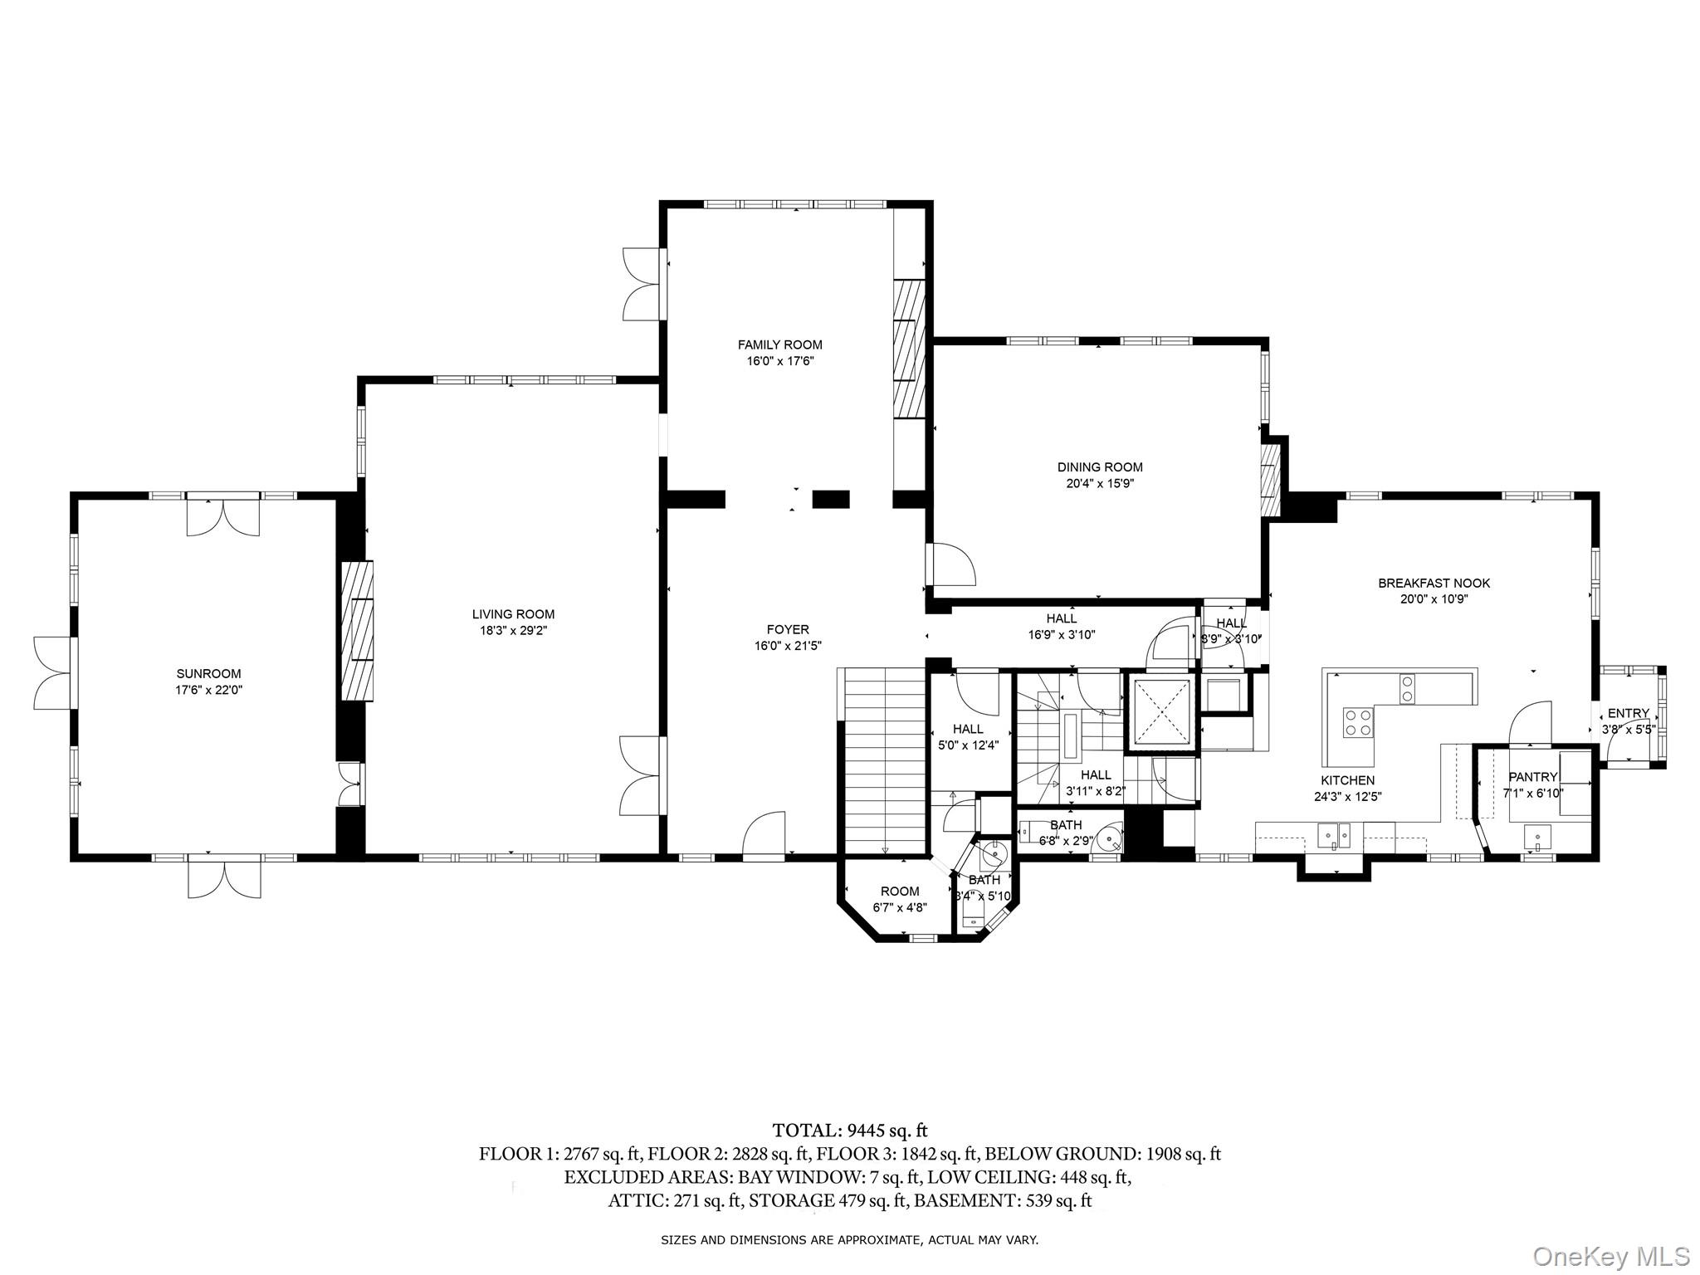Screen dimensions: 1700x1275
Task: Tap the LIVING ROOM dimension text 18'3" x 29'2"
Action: click(x=513, y=630)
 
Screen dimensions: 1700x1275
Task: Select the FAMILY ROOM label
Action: click(x=780, y=344)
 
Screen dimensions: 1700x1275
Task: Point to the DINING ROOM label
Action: click(x=1100, y=467)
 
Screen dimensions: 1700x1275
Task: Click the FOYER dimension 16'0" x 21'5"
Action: click(x=788, y=645)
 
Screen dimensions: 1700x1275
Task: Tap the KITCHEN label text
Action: click(x=1348, y=780)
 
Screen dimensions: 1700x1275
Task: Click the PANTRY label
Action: click(x=1533, y=777)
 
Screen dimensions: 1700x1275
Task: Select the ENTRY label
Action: click(x=1629, y=713)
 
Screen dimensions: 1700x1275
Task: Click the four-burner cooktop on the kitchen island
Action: click(x=1357, y=721)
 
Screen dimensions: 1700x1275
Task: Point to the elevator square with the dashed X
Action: click(x=1160, y=711)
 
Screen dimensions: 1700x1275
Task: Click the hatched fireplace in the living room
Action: click(x=358, y=631)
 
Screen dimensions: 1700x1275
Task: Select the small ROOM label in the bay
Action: click(x=901, y=892)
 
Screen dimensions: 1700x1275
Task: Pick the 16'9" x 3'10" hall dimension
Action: click(x=1062, y=635)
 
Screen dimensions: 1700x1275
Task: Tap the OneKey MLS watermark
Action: click(x=1611, y=1256)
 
